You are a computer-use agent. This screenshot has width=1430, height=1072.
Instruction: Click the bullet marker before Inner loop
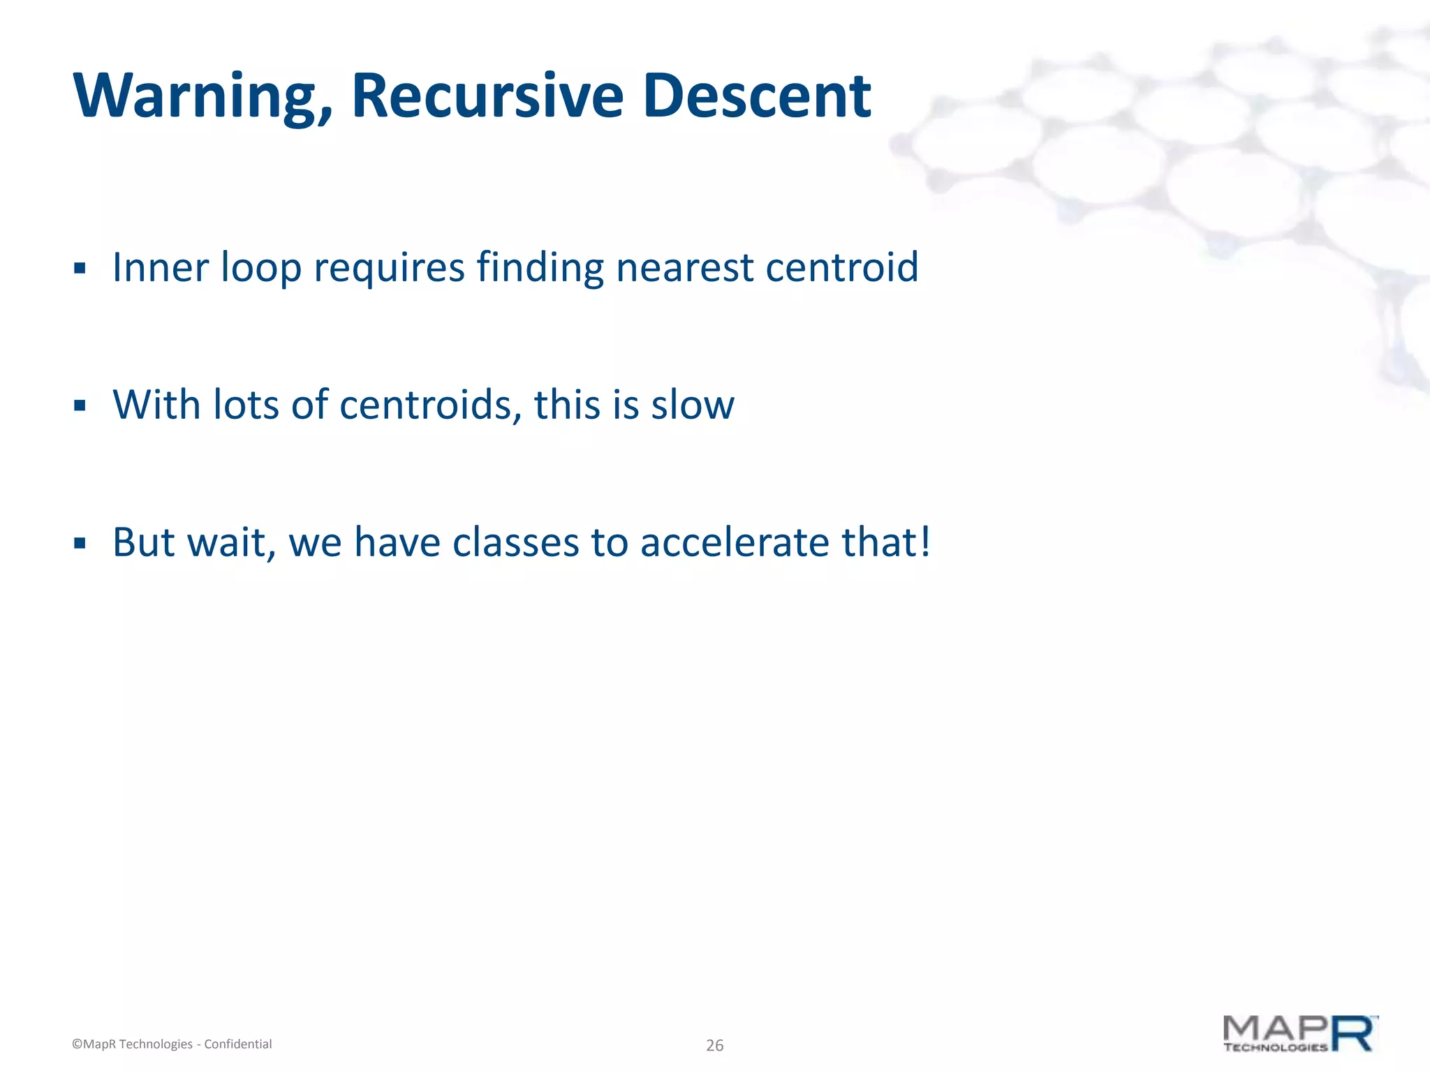pos(80,268)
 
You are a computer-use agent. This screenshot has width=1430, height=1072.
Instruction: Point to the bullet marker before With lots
pos(80,405)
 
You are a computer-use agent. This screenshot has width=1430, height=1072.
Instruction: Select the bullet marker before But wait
pos(80,543)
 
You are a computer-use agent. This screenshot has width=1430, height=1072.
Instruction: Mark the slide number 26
pos(714,1045)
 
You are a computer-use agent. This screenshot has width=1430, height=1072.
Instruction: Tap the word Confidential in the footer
pos(237,1044)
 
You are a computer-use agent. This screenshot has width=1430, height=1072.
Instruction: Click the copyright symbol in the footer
pos(77,1044)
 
